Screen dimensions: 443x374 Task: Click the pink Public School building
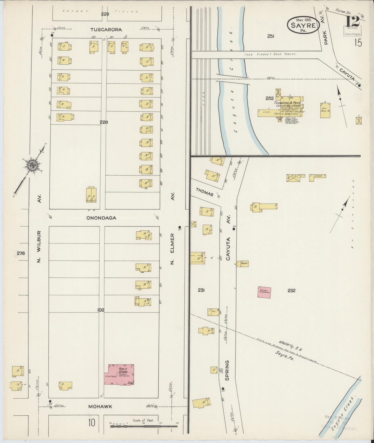click(x=119, y=375)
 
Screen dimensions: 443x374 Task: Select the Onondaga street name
click(x=101, y=218)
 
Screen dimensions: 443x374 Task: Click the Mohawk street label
click(x=100, y=407)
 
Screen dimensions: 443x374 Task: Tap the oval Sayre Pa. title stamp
click(x=303, y=25)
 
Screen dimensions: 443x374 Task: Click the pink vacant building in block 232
click(x=264, y=292)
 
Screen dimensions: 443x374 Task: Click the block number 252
click(x=269, y=98)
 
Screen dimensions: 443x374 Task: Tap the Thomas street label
click(x=204, y=192)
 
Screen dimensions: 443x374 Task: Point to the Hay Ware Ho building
click(x=325, y=111)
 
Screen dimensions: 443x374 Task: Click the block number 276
click(x=21, y=253)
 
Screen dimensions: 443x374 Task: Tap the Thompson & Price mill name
click(x=289, y=103)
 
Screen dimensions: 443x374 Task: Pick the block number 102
click(x=101, y=310)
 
